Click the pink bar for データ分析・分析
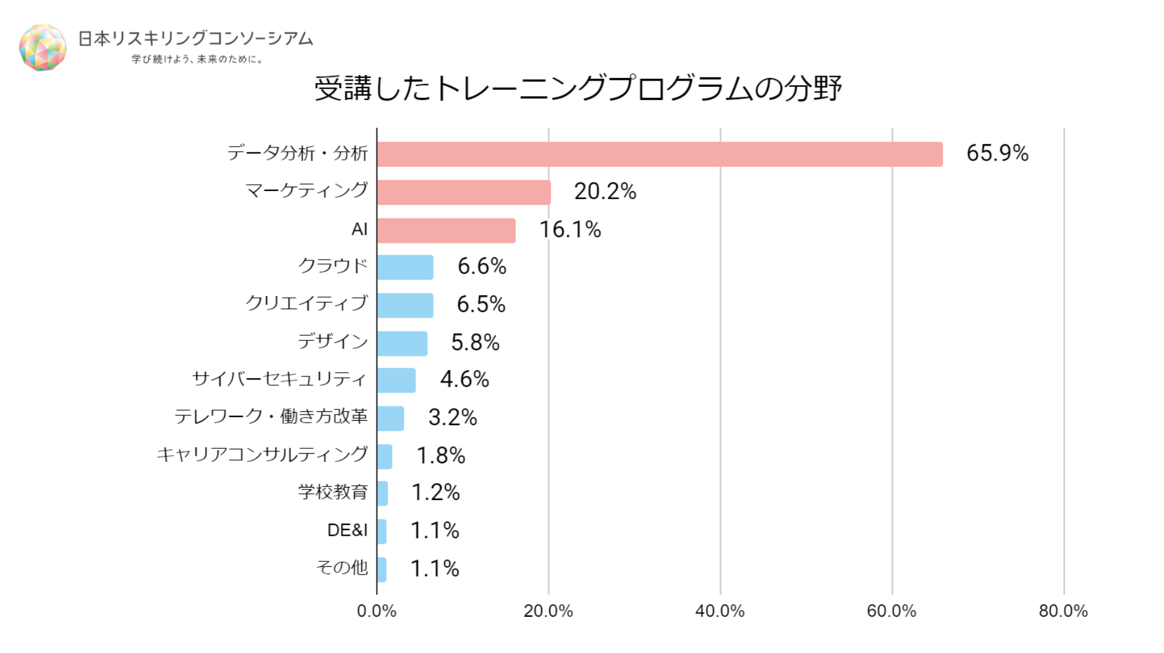coord(659,154)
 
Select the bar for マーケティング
coord(464,192)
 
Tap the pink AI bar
coord(446,230)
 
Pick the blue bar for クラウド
coord(405,267)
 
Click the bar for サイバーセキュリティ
coord(397,380)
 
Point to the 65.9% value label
coord(997,154)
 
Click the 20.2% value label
coord(605,192)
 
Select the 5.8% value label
coord(475,343)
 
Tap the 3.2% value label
coord(453,418)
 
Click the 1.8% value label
coord(441,456)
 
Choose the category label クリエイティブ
coord(306,303)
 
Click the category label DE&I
coord(347,531)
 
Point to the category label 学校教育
coord(333,493)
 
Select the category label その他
coord(342,567)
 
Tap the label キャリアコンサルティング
coord(262,454)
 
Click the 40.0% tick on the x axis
coord(720,611)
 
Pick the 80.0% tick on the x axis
coord(1063,611)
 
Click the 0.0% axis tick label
coord(377,611)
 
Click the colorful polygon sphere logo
coord(42,47)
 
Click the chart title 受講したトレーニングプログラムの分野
coord(578,88)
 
